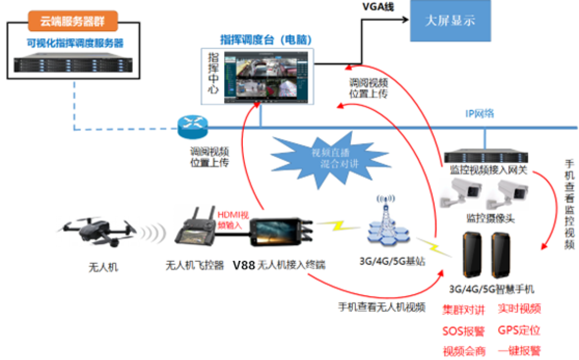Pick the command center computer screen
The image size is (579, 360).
(x=266, y=76)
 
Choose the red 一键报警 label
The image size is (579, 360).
(x=518, y=350)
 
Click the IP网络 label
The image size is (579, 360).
(x=480, y=114)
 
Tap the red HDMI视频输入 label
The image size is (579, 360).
(x=233, y=221)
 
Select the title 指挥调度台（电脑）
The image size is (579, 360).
(x=266, y=40)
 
